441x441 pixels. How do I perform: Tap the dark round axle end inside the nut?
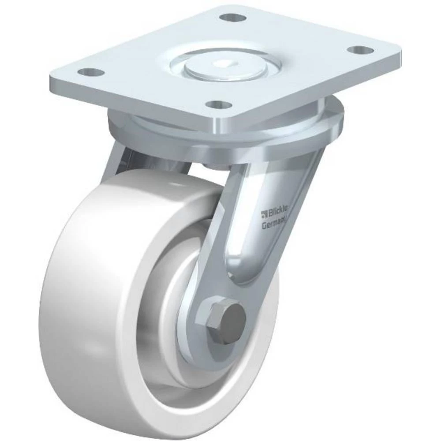pyautogui.click(x=232, y=318)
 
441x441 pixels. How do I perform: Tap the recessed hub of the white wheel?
pyautogui.click(x=172, y=309)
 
